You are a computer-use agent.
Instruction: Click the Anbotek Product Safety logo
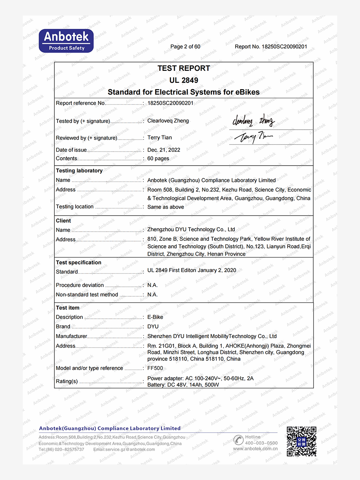pos(66,41)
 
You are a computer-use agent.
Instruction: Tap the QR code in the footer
pos(301,442)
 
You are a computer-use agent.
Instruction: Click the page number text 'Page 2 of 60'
pos(185,47)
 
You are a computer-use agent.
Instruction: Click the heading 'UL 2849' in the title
pos(184,80)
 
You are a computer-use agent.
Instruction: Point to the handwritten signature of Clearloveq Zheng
pos(253,120)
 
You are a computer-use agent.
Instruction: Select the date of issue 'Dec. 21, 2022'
pos(164,150)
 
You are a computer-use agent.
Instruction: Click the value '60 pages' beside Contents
pos(158,158)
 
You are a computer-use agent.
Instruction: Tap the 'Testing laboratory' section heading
pos(79,171)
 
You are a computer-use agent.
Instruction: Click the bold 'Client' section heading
pos(63,221)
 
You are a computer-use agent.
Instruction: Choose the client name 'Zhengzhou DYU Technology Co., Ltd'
pos(191,230)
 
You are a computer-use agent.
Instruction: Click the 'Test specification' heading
pos(78,262)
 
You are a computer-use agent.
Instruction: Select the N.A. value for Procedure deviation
pos(152,285)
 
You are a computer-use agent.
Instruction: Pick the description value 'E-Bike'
pos(155,317)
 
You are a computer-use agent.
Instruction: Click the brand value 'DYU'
pos(153,327)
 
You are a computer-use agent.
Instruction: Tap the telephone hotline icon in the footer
pos(238,440)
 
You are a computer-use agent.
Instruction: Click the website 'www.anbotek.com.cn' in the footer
pos(255,449)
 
